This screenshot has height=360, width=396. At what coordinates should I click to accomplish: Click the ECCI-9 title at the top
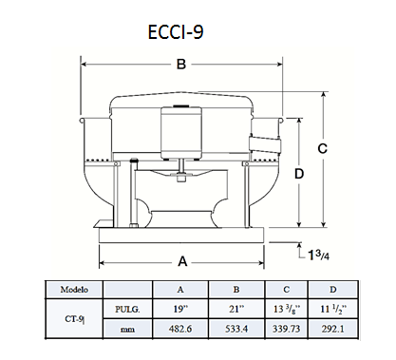(x=176, y=31)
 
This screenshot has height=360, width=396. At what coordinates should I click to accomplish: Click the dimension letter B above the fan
(x=181, y=65)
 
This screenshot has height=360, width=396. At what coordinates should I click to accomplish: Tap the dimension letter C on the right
(x=323, y=148)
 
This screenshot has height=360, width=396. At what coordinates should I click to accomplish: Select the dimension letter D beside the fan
(x=299, y=174)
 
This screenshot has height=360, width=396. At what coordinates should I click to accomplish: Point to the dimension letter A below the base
(x=182, y=261)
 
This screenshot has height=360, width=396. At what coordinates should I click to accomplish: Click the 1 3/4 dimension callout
(x=319, y=255)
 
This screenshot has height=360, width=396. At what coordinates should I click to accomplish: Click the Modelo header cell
(x=74, y=290)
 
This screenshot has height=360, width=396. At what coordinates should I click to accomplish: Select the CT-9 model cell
(x=75, y=319)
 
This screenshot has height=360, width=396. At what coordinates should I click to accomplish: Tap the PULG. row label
(x=127, y=309)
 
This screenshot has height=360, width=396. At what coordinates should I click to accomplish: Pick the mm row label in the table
(x=127, y=330)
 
